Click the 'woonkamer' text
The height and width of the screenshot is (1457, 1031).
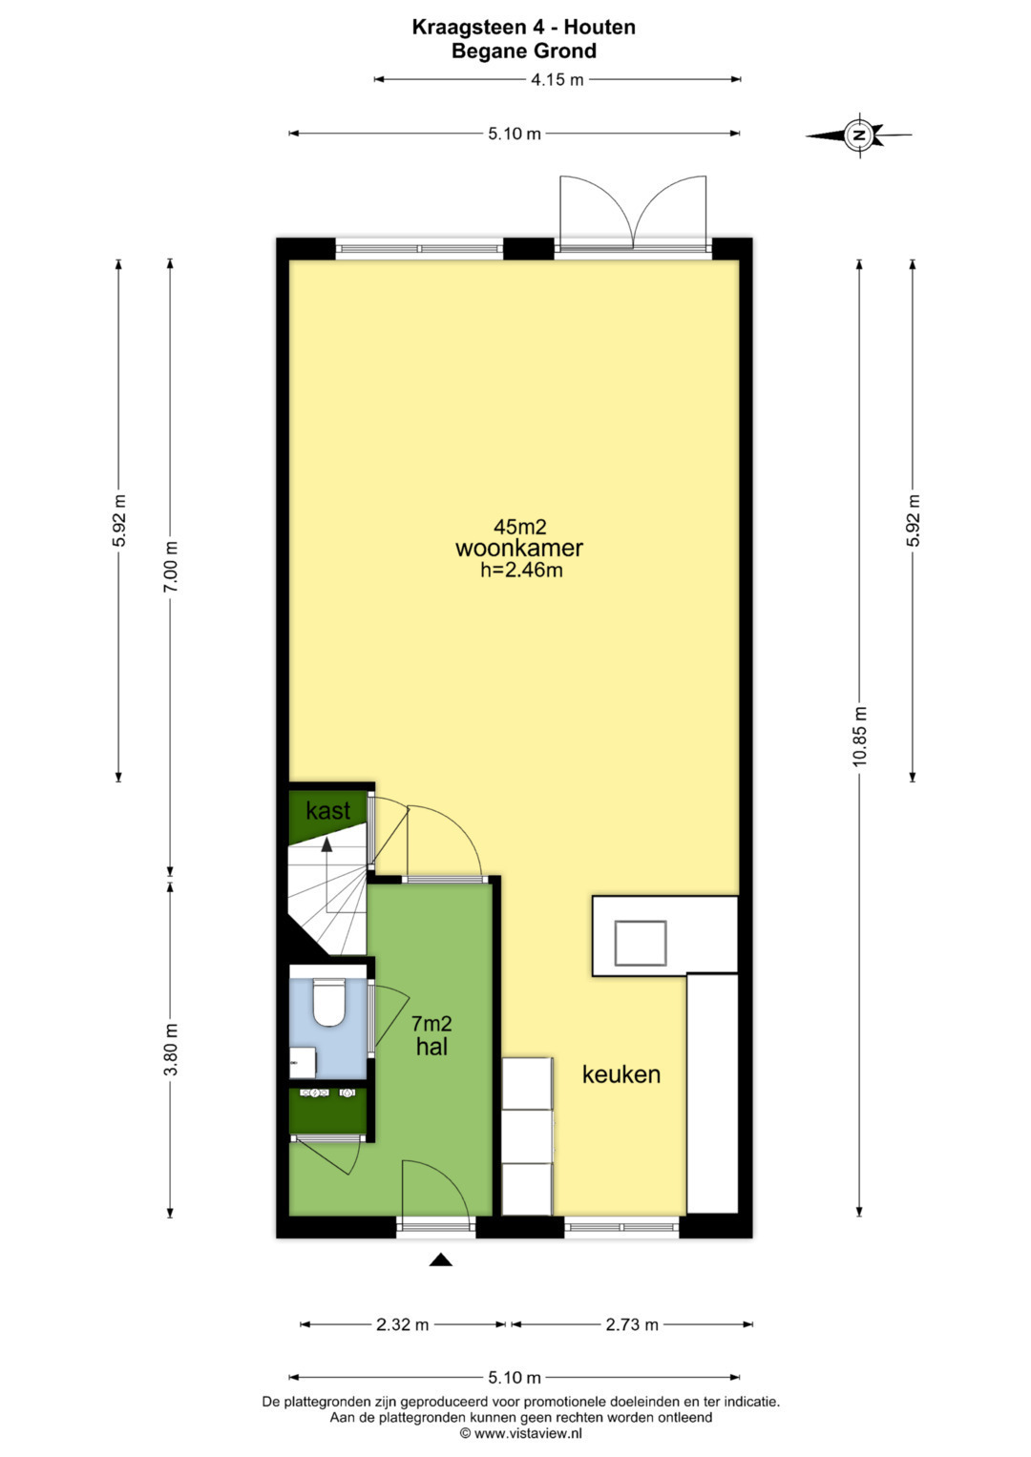coord(518,548)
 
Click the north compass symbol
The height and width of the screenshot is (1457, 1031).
coord(859,135)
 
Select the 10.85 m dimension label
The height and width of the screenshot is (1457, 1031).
coord(860,737)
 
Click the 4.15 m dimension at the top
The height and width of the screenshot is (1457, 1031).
coord(558,80)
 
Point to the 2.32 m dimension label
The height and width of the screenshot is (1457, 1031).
coord(402,1324)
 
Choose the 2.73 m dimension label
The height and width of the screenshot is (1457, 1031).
coord(632,1324)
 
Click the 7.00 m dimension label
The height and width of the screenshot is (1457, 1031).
coord(171,566)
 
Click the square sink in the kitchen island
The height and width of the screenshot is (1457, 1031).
coord(641,943)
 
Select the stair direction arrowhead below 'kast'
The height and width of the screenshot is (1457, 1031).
coord(326,844)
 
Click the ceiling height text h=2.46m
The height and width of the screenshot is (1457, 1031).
coord(521,571)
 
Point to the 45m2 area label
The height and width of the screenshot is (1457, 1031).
coord(519,526)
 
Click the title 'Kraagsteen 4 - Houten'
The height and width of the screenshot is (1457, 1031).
coord(524,27)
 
